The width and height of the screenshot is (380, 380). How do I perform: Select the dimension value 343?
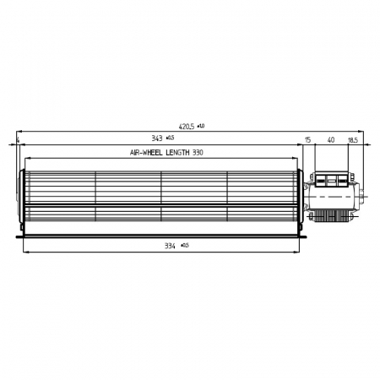[x=157, y=138]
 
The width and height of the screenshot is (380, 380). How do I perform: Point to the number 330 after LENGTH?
[x=222, y=153]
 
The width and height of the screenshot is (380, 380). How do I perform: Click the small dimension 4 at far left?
[x=18, y=139]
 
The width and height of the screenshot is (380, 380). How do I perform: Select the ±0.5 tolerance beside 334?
[x=184, y=245]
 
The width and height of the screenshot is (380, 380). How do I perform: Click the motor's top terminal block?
[x=333, y=179]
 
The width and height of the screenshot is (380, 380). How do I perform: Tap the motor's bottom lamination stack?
[x=333, y=219]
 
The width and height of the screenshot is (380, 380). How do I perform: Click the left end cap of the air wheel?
[x=21, y=200]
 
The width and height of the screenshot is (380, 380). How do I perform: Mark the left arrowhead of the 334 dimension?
[x=27, y=251]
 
